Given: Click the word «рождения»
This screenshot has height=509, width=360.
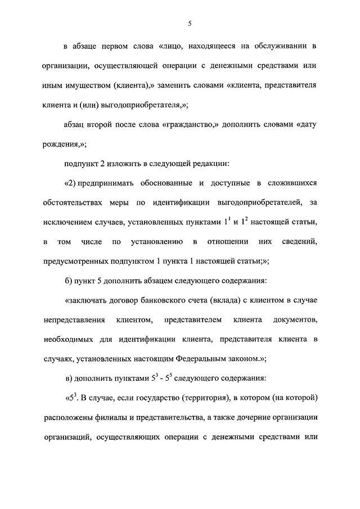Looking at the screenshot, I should (x=62, y=143).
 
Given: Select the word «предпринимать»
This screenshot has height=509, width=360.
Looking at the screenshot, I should (x=113, y=183).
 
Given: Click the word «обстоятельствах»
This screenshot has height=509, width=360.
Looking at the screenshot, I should (x=74, y=202).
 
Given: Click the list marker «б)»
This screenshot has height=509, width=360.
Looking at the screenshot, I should (x=70, y=281).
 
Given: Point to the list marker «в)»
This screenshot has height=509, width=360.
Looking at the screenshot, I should (x=70, y=378).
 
